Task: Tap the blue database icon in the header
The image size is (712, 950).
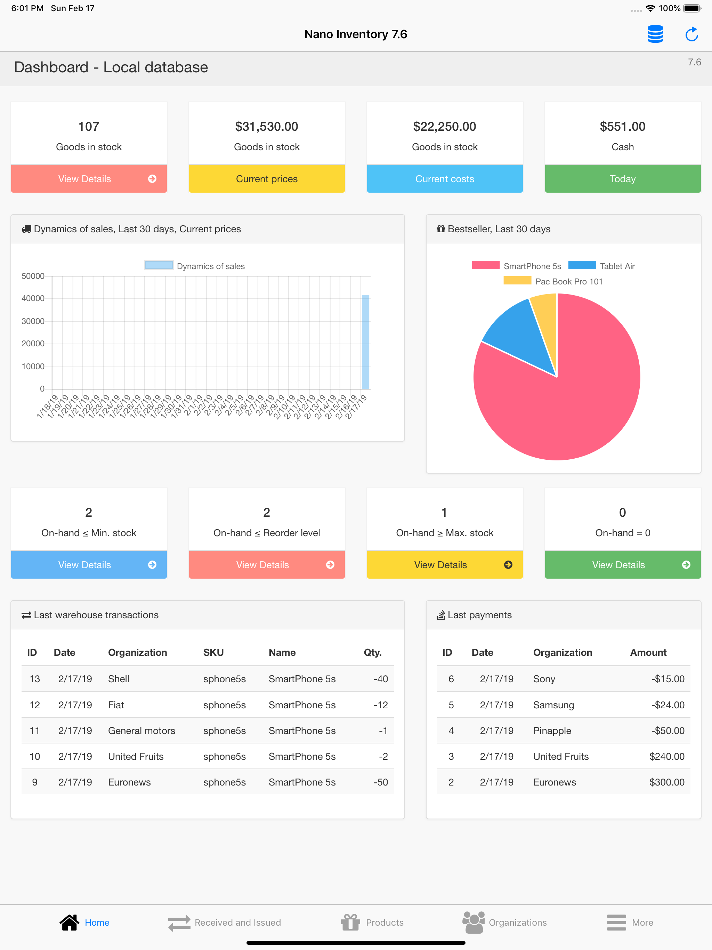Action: [655, 34]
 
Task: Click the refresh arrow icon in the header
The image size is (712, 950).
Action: [691, 34]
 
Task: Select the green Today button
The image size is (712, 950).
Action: [623, 179]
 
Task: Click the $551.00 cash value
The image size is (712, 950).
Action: [623, 127]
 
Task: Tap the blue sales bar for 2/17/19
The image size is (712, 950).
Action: [365, 342]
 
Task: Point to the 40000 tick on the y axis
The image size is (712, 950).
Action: [33, 298]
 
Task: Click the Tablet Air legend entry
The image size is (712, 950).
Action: [602, 266]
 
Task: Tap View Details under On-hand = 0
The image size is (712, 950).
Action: [623, 565]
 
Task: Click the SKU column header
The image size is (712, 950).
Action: [213, 652]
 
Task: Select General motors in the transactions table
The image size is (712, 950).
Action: [142, 731]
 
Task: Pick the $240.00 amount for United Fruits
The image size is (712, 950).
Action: [666, 756]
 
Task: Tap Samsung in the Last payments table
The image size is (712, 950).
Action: [553, 705]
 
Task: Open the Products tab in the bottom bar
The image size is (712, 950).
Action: [372, 922]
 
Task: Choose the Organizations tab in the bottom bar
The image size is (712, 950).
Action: [504, 922]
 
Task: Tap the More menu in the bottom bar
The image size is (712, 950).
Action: [630, 922]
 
